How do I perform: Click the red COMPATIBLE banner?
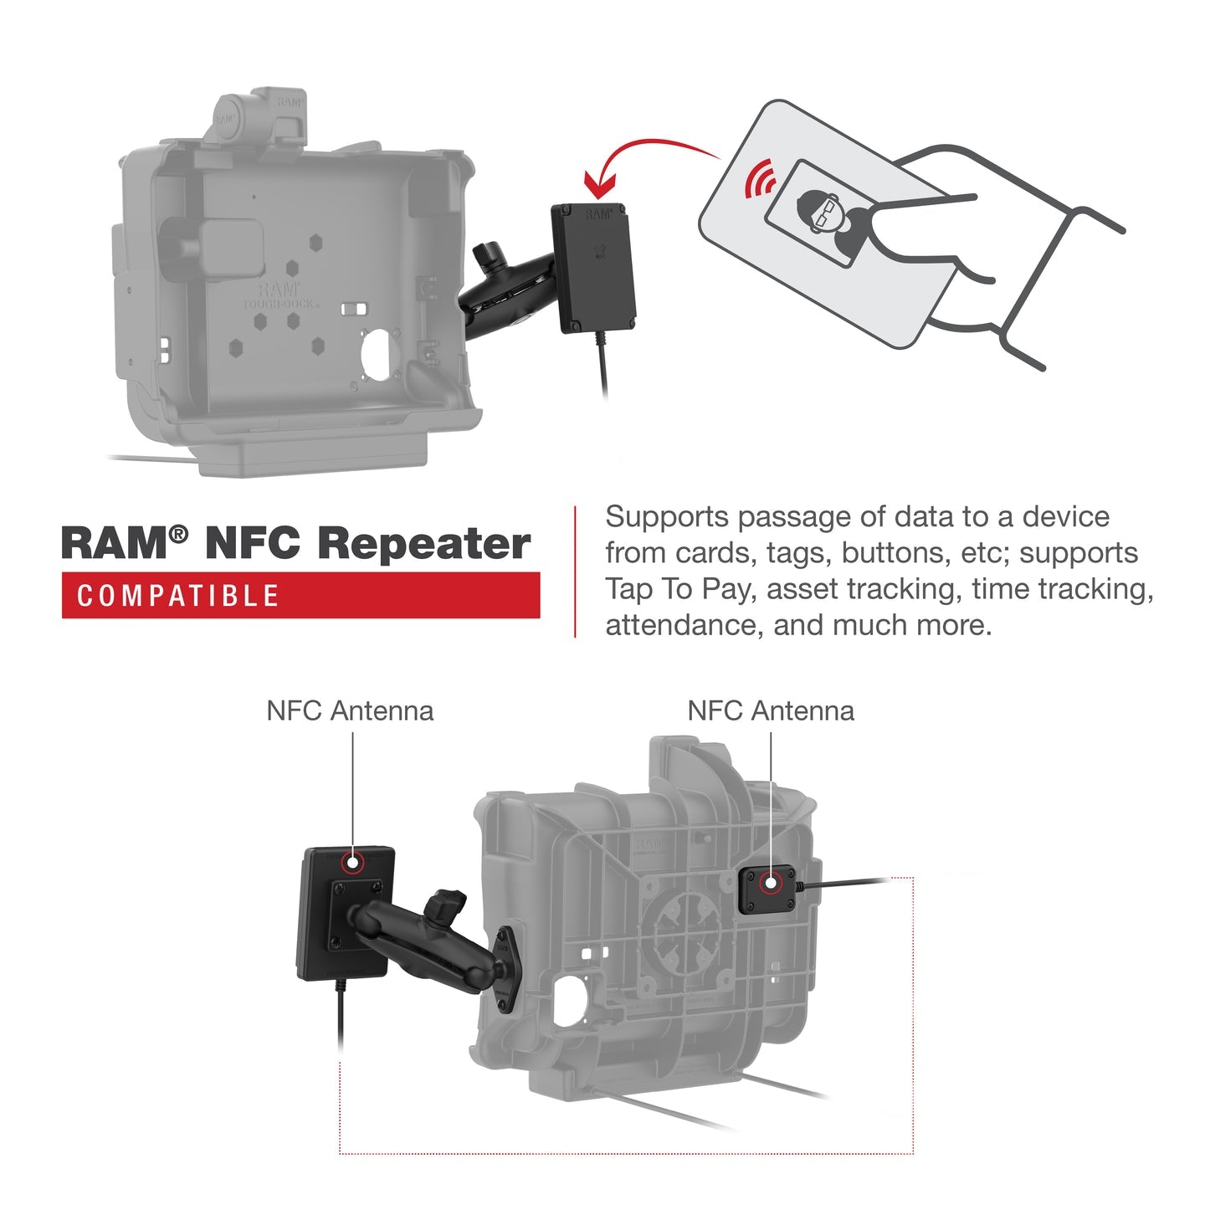pyautogui.click(x=300, y=595)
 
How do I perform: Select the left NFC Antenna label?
pyautogui.click(x=350, y=711)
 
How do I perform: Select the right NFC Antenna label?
pyautogui.click(x=771, y=711)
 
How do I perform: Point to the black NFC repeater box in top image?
pyautogui.click(x=592, y=268)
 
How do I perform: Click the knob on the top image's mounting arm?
pyautogui.click(x=486, y=254)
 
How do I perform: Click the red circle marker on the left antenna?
pyautogui.click(x=353, y=863)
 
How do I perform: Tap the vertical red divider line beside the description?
pyautogui.click(x=576, y=572)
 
